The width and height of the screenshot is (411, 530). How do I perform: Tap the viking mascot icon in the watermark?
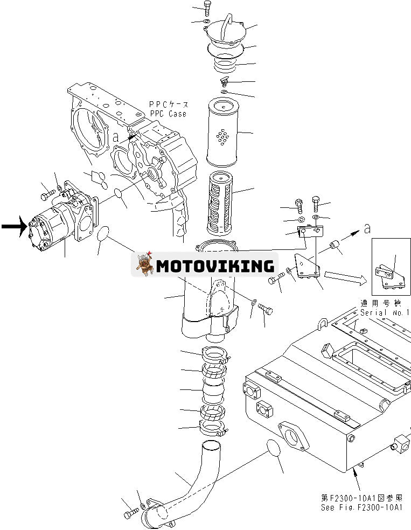pos(144,263)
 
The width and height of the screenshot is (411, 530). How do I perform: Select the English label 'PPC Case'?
pos(168,114)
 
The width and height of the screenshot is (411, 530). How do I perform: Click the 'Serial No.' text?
pos(384,312)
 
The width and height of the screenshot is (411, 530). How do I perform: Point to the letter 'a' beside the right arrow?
pos(367,229)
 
